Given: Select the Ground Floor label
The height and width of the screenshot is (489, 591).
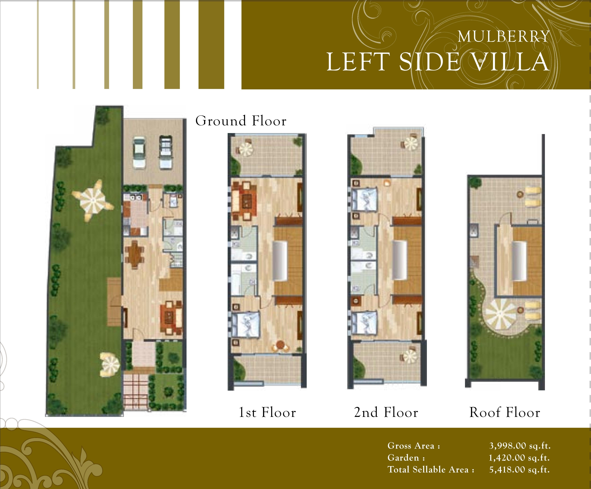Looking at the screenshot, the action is pos(241,121).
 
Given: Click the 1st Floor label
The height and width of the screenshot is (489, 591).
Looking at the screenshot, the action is pos(267,412).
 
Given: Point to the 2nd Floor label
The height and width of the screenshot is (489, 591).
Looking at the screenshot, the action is pos(386,412).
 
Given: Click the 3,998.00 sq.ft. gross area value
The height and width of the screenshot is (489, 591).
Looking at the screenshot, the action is pos(520,446).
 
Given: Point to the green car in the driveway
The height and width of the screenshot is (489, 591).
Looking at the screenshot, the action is pos(139,153).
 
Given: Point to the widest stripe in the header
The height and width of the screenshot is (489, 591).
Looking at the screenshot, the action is pos(211,45).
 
